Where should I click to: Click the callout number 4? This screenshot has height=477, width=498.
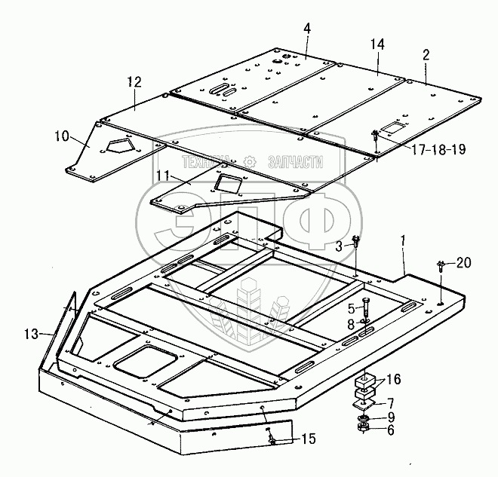coord(307,29)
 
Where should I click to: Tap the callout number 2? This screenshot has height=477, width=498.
coord(426,54)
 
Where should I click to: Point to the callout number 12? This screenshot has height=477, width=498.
coord(134,81)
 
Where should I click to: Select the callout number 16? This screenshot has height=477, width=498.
coord(395,378)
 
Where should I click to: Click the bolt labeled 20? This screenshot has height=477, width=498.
coord(439,265)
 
